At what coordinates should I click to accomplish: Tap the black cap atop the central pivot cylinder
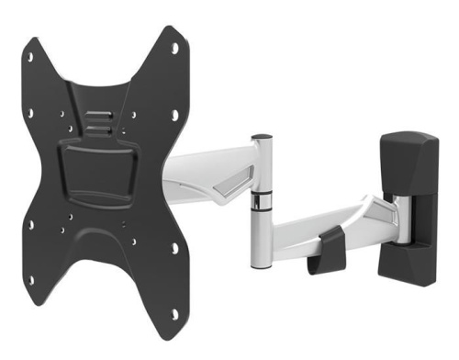tap(262, 138)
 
